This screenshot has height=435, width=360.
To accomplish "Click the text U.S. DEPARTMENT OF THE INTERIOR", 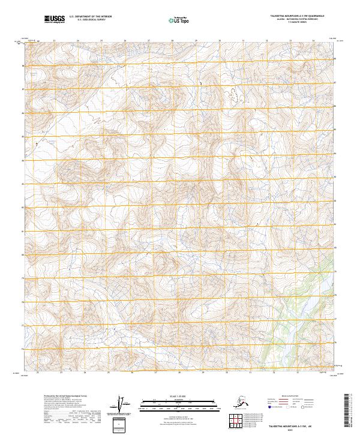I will (91, 17).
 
